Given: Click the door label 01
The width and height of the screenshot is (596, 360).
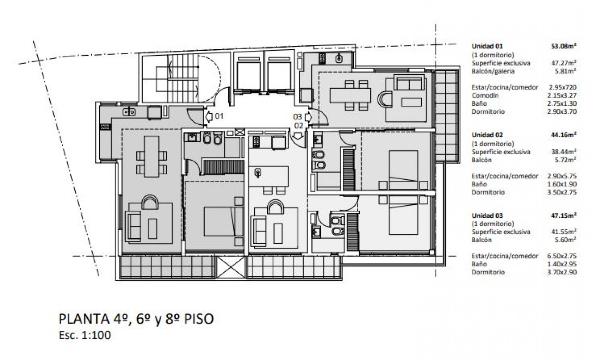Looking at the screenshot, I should tap(219, 116).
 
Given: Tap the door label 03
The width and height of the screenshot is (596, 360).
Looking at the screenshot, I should tap(298, 117).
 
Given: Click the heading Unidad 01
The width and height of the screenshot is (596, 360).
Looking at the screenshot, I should tap(487, 46).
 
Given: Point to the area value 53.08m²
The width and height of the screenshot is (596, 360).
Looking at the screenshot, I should tap(563, 46).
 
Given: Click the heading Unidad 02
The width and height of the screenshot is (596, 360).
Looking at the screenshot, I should tap(487, 135).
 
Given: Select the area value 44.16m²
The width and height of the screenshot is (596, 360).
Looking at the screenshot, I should tap(563, 135).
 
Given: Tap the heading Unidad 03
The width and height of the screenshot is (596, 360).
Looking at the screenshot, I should tap(487, 216).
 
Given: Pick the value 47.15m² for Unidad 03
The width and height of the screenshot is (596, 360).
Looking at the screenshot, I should tap(563, 216).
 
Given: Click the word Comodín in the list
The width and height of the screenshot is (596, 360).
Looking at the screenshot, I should tap(485, 95).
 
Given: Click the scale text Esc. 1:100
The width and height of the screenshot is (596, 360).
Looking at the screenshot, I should tap(84, 335).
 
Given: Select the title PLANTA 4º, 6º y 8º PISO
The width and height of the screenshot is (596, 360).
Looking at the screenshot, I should tap(136, 319).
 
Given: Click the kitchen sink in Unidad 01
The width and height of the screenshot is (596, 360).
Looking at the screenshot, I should tap(129, 111).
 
